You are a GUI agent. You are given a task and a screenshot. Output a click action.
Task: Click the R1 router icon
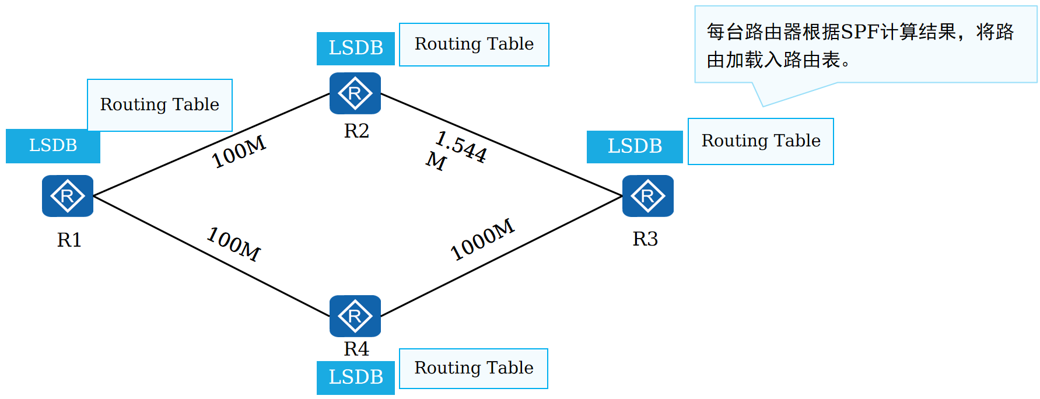(68, 196)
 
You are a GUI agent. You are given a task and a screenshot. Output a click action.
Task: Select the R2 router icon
(355, 93)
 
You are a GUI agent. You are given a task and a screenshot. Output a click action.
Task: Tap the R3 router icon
(647, 196)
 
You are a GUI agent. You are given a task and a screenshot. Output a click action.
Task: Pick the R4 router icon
(355, 316)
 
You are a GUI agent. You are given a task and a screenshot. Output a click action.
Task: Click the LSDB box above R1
(53, 146)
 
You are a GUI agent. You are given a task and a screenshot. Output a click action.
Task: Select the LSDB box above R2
(356, 48)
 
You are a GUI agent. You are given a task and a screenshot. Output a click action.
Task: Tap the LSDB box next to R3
(635, 146)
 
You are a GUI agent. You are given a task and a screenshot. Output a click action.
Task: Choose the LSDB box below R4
(356, 377)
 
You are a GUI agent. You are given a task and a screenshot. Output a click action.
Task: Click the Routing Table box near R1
(160, 105)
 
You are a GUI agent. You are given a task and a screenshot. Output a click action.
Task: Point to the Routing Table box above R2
(474, 44)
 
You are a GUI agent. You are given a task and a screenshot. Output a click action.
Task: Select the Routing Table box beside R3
(761, 141)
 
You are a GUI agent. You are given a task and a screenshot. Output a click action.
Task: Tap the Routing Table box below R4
(474, 368)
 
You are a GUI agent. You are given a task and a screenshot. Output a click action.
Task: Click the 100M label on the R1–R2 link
(239, 152)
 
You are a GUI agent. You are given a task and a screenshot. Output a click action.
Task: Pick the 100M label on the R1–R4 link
(234, 244)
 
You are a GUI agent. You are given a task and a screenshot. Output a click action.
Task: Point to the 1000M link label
(482, 240)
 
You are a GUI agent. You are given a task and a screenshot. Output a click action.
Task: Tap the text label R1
(69, 240)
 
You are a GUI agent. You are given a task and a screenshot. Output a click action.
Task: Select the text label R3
(645, 239)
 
